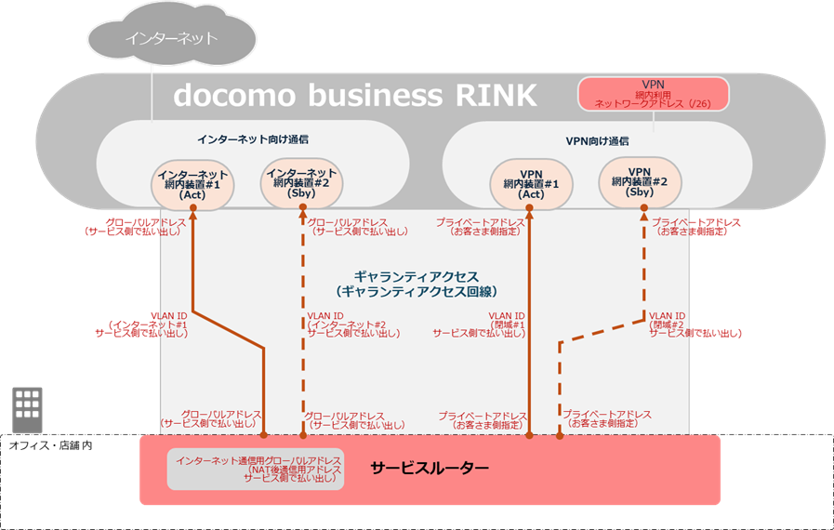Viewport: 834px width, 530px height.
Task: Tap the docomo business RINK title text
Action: click(355, 95)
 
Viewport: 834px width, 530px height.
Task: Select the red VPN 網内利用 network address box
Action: click(653, 95)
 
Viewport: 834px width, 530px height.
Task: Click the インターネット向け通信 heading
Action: click(253, 139)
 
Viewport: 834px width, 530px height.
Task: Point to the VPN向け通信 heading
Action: click(596, 141)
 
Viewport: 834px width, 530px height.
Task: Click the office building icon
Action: click(26, 405)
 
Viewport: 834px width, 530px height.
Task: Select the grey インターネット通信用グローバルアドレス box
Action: click(256, 470)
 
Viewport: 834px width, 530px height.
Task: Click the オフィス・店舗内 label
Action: click(50, 445)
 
